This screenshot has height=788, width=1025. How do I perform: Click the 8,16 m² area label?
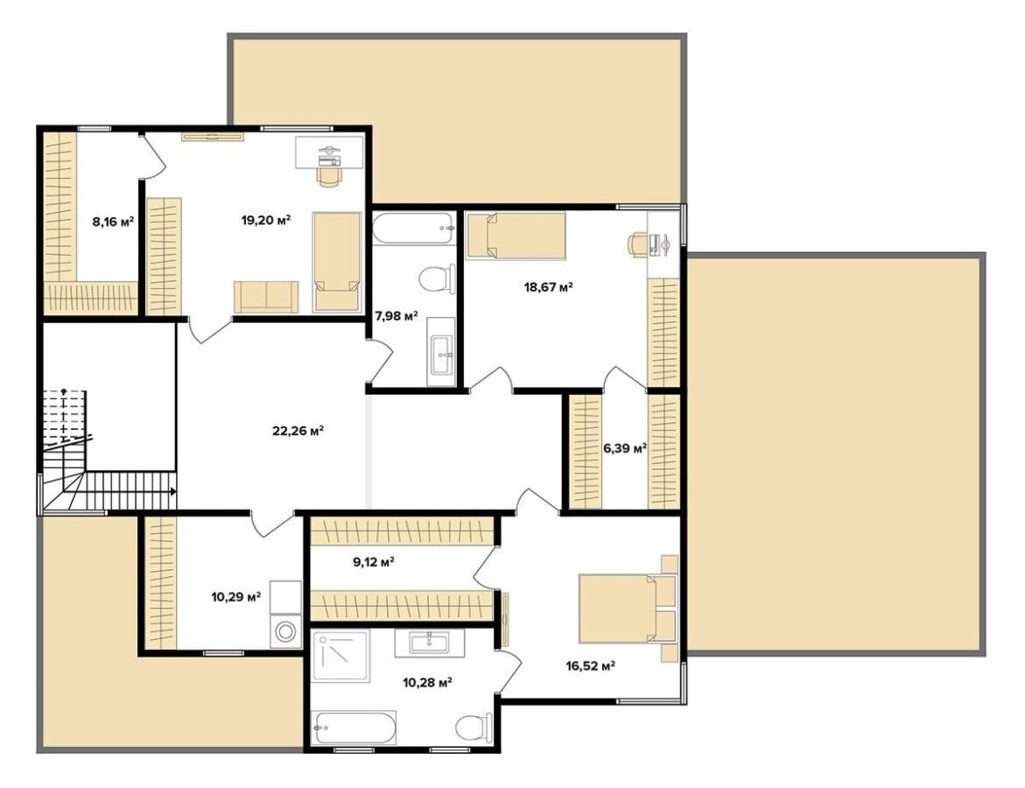click(x=113, y=222)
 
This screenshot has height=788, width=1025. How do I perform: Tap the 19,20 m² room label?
click(x=266, y=220)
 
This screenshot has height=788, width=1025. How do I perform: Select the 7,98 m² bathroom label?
click(x=397, y=316)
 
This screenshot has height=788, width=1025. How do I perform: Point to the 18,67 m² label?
click(x=549, y=286)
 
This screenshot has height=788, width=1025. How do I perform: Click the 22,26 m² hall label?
click(x=298, y=431)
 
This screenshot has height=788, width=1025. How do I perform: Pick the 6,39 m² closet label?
click(x=625, y=448)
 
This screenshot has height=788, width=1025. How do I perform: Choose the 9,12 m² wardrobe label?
click(x=373, y=562)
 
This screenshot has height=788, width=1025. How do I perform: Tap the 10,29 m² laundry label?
click(x=236, y=596)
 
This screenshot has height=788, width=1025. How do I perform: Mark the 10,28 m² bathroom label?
click(x=428, y=683)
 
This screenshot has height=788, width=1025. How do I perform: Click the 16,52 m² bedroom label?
click(x=591, y=666)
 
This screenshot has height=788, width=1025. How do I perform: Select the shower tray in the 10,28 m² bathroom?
click(x=340, y=656)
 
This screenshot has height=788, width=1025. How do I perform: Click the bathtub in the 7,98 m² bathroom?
click(x=412, y=229)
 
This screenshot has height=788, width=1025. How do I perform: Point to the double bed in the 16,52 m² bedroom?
click(x=626, y=609)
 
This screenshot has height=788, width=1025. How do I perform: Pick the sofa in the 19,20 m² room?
click(x=266, y=297)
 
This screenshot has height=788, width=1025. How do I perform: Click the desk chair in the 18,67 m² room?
click(x=638, y=244)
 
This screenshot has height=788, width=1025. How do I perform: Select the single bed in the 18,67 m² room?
click(x=515, y=236)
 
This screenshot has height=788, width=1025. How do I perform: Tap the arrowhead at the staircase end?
click(x=173, y=491)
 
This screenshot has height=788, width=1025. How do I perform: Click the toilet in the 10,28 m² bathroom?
click(x=474, y=727)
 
